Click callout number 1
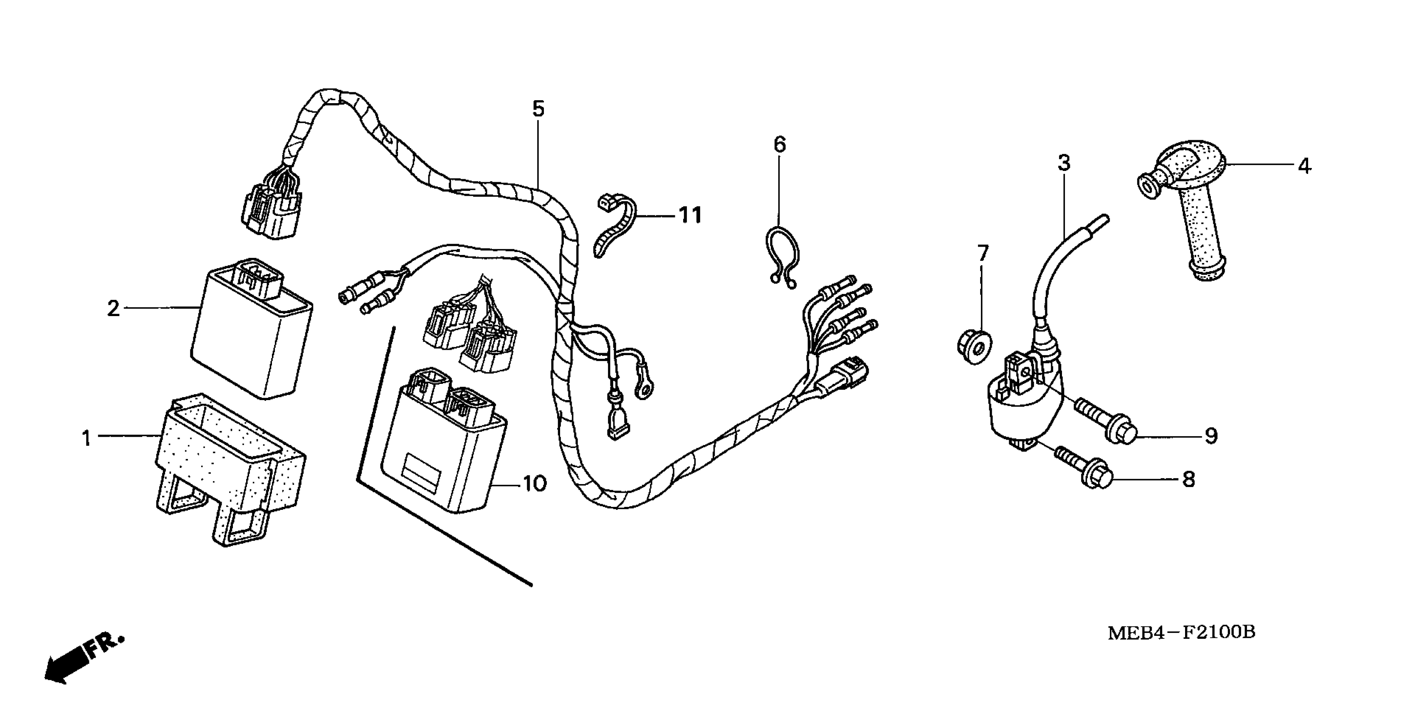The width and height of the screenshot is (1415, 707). pyautogui.click(x=86, y=438)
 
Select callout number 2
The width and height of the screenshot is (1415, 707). pyautogui.click(x=113, y=308)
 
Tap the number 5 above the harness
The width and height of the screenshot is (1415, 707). pyautogui.click(x=538, y=109)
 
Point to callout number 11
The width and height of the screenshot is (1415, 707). pyautogui.click(x=690, y=215)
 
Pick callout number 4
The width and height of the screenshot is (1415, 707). pyautogui.click(x=1304, y=166)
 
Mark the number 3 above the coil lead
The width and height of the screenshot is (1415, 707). pyautogui.click(x=1064, y=163)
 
